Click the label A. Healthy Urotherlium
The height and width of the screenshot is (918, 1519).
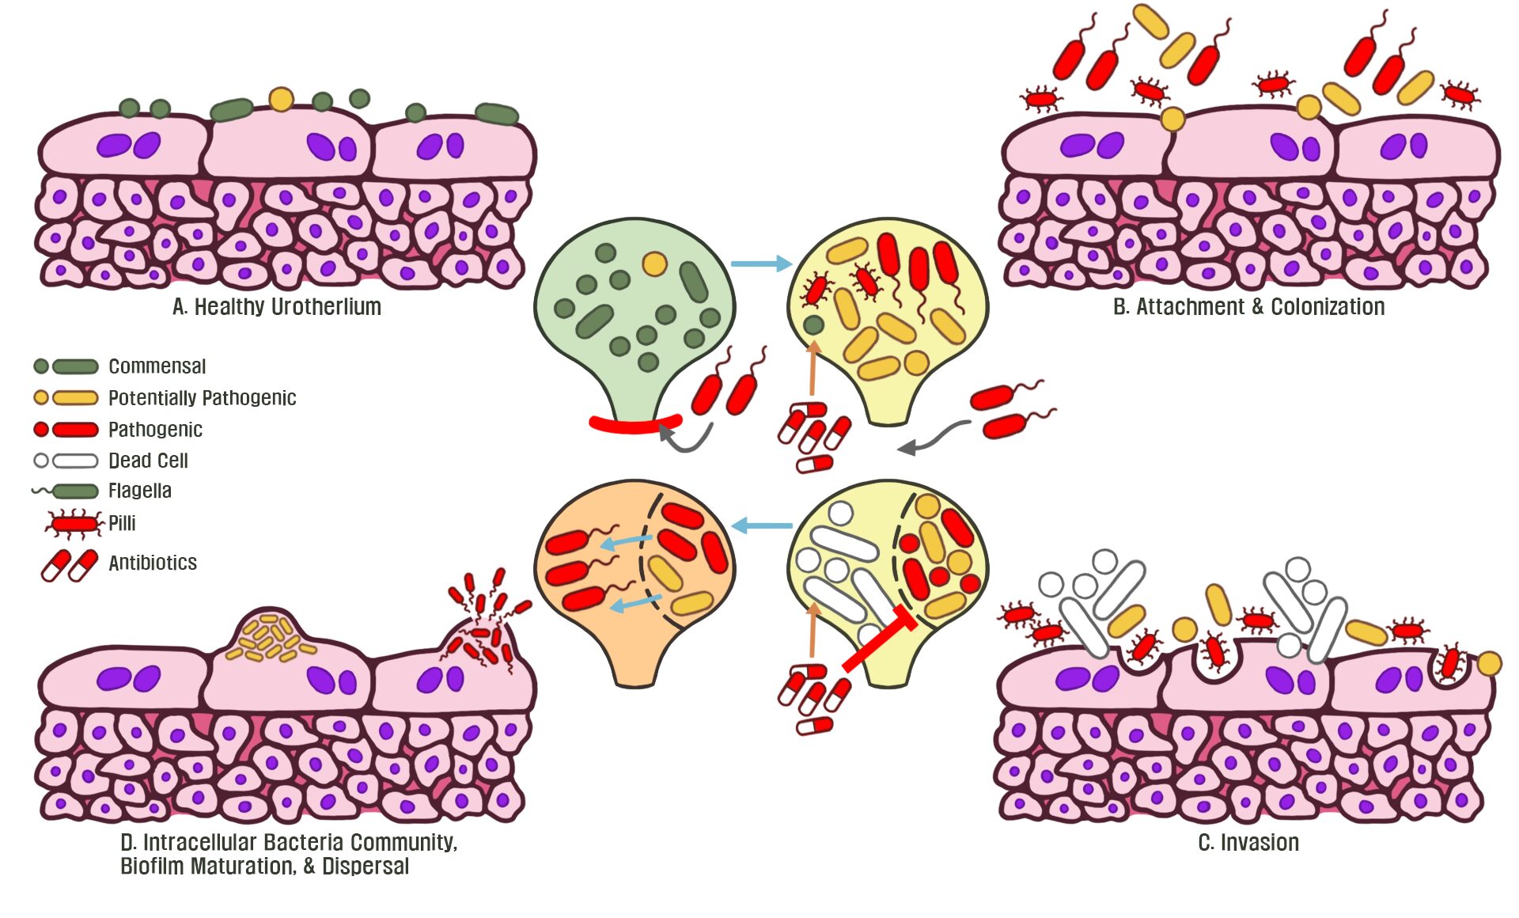277,307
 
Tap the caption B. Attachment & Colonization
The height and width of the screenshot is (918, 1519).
1248,307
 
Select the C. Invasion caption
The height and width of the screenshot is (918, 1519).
1248,843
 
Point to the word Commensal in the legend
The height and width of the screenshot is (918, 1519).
157,366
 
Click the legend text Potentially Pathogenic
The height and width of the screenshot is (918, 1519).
202,397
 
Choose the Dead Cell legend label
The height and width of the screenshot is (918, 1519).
148,461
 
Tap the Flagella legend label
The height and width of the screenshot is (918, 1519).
139,491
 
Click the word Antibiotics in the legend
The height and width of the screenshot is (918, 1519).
153,563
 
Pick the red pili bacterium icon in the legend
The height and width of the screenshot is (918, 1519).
74,523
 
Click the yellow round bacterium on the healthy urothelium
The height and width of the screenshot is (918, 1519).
281,99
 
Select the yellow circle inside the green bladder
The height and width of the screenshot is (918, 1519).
654,264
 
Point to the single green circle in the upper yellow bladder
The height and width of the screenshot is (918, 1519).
813,324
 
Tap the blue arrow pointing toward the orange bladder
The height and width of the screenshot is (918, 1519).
761,525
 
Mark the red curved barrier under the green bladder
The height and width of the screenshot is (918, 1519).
634,425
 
